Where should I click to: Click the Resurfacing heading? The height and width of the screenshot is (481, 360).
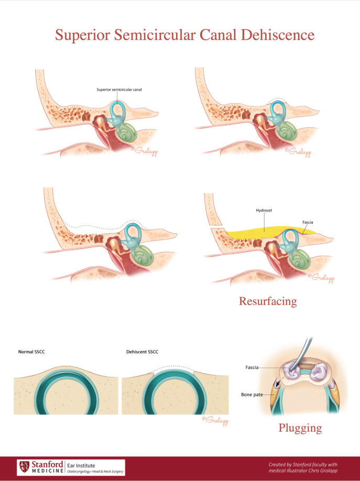click(268, 301)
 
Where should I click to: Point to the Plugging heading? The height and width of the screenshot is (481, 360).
click(299, 428)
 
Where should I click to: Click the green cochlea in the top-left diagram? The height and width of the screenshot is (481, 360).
click(126, 133)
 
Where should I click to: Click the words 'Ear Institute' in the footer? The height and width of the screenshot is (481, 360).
click(82, 464)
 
